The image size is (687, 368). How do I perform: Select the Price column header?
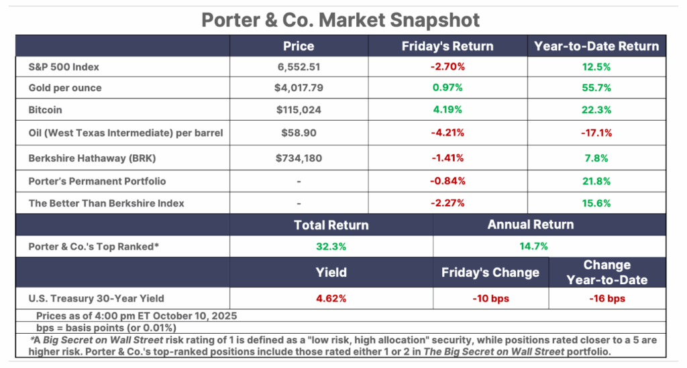pyautogui.click(x=298, y=46)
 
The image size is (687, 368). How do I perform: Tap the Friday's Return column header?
pyautogui.click(x=447, y=46)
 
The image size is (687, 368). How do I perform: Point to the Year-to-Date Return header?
pyautogui.click(x=596, y=46)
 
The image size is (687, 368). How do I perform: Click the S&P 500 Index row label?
pyautogui.click(x=64, y=68)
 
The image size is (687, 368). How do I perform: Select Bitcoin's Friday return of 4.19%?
pyautogui.click(x=447, y=111)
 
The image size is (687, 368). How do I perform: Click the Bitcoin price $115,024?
pyautogui.click(x=298, y=111)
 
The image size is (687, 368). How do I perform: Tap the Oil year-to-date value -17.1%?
pyautogui.click(x=596, y=133)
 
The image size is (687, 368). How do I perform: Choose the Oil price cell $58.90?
pyautogui.click(x=298, y=133)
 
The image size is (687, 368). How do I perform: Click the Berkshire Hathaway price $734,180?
pyautogui.click(x=298, y=158)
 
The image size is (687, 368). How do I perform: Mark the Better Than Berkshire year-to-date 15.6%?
pyautogui.click(x=596, y=203)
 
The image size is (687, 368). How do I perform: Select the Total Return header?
pyautogui.click(x=331, y=225)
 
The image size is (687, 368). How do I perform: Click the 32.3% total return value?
pyautogui.click(x=331, y=247)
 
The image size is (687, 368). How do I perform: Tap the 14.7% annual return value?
pyautogui.click(x=533, y=247)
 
